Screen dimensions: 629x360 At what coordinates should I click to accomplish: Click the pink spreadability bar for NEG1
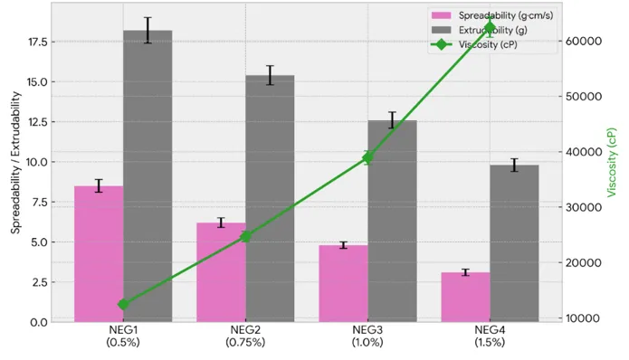[x=99, y=254]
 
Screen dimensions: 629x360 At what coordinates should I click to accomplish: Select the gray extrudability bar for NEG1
[x=148, y=176]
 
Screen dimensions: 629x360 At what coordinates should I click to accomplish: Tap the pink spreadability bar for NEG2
[x=221, y=272]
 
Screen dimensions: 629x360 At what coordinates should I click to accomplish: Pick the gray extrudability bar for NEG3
[x=392, y=221]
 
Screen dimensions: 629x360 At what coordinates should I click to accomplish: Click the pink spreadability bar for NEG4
[x=466, y=297]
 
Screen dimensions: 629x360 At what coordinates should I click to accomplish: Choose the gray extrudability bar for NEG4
[x=514, y=243]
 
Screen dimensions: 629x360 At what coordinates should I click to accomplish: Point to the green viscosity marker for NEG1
[x=123, y=304]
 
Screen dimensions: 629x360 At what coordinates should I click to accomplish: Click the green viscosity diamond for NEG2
[x=245, y=236]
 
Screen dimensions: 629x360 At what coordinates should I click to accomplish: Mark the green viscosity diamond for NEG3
[x=367, y=157]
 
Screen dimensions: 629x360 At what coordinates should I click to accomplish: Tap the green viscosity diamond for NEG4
[x=490, y=28]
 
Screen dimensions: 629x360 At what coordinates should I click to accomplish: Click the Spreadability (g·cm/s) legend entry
[x=492, y=15]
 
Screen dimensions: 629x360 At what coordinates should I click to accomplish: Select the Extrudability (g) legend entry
[x=480, y=30]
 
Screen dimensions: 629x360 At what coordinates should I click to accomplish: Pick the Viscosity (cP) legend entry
[x=474, y=44]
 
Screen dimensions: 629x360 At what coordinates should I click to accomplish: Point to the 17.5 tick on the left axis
[x=38, y=42]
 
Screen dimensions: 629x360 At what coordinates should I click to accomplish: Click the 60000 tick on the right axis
[x=584, y=41]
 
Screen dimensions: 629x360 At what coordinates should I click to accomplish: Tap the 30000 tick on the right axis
[x=584, y=207]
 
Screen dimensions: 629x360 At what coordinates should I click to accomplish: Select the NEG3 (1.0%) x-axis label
[x=367, y=336]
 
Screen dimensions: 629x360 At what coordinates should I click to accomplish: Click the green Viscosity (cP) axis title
[x=611, y=162]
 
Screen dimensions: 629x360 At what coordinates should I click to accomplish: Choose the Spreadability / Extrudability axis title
[x=15, y=162]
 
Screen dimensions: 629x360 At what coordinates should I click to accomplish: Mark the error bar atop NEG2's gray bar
[x=270, y=75]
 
